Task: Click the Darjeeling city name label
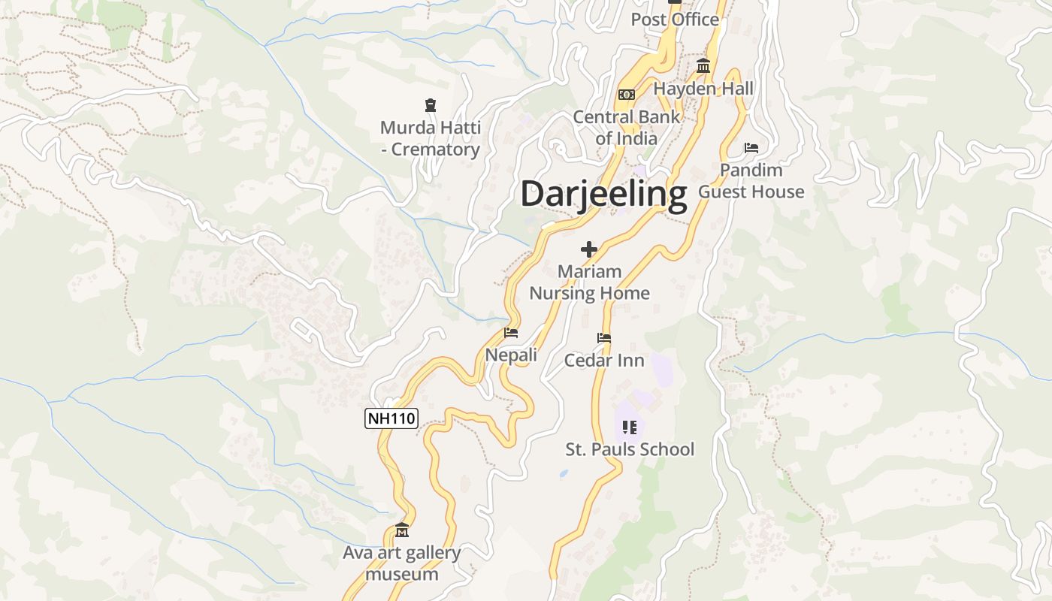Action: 603,194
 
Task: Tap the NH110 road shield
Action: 391,418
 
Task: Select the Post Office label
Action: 675,20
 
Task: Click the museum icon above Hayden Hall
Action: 703,66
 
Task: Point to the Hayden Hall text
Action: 703,89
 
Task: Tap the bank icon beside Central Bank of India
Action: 626,95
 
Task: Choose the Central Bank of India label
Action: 626,128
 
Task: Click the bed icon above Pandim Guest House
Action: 751,148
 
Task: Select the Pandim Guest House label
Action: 751,181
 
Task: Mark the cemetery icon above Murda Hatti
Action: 431,105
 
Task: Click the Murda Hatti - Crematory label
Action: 431,139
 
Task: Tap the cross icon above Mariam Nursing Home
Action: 589,249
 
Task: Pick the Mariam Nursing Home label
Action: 589,282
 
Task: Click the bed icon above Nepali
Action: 511,333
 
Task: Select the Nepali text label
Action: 511,355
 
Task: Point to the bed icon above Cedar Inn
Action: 604,338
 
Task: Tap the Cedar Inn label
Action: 604,361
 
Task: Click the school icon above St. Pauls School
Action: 630,427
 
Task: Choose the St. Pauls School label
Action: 630,450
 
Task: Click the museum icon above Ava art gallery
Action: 402,531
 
